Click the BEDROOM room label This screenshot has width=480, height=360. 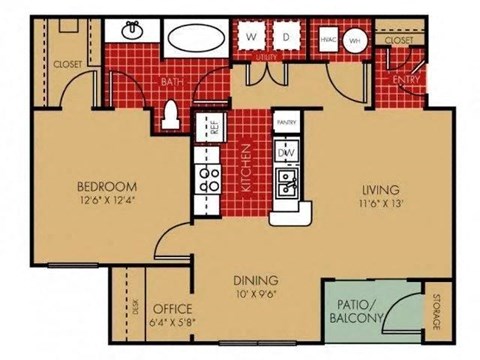pyautogui.click(x=105, y=186)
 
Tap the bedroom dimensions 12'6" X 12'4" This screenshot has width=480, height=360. pyautogui.click(x=105, y=200)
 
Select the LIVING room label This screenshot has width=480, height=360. pyautogui.click(x=381, y=188)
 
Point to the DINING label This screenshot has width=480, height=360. pyautogui.click(x=256, y=281)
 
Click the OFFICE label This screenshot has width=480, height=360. pyautogui.click(x=171, y=308)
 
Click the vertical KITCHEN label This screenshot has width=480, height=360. pyautogui.click(x=244, y=167)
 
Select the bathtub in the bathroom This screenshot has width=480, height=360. pyautogui.click(x=196, y=41)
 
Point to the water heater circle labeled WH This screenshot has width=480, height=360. pyautogui.click(x=358, y=41)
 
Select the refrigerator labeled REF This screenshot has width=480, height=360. pyautogui.click(x=212, y=127)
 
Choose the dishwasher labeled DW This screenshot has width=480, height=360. pyautogui.click(x=288, y=152)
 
